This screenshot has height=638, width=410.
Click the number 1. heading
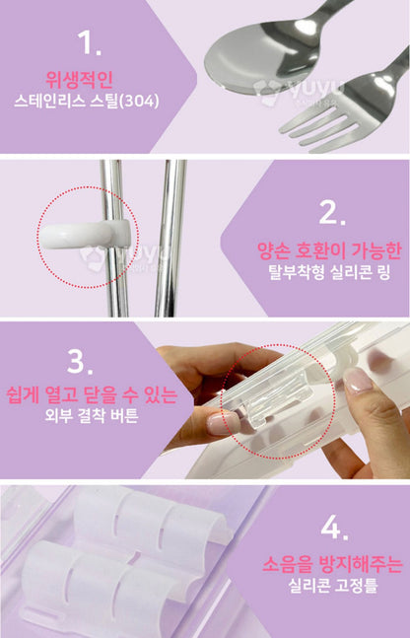(x=89, y=42)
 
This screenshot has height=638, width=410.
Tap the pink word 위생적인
(x=79, y=79)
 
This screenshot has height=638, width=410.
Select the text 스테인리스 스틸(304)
(x=86, y=102)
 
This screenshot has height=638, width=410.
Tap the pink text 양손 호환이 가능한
(x=329, y=251)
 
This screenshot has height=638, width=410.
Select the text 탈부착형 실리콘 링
(x=329, y=272)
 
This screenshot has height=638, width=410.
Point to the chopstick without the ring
(x=171, y=238)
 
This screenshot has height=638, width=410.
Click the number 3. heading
(x=80, y=362)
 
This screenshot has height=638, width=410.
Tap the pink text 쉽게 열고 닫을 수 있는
(x=92, y=394)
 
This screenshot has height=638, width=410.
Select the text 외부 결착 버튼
(x=92, y=415)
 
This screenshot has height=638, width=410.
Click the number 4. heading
(x=334, y=529)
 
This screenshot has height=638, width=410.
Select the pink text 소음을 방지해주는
(x=332, y=564)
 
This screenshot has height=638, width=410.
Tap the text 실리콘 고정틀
(x=333, y=585)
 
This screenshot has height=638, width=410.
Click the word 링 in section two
(x=383, y=272)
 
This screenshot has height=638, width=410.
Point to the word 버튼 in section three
(x=124, y=415)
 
